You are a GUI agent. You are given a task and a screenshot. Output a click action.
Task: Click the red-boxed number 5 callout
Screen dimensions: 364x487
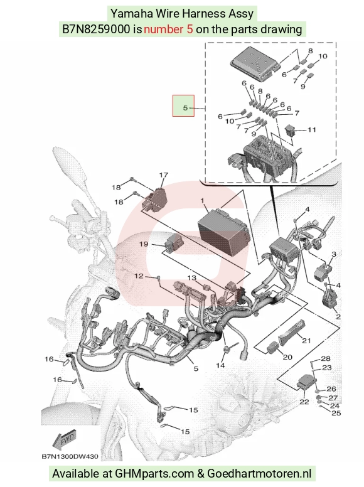(185, 108)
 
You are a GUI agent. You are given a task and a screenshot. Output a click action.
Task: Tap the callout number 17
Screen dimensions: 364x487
(164, 175)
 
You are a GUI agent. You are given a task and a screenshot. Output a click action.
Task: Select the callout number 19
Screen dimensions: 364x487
(144, 244)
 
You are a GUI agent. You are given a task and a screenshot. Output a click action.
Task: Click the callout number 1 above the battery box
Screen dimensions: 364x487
(203, 201)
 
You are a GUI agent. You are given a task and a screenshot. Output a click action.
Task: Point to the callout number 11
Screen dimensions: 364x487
(311, 130)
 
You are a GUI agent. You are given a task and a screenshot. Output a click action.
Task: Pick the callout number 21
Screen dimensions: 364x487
(306, 340)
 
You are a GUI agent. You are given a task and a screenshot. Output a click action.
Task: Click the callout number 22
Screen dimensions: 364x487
(304, 402)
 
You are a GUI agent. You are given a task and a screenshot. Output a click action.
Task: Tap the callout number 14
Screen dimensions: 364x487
(220, 365)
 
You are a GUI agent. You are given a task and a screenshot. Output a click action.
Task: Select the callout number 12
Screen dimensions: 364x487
(139, 276)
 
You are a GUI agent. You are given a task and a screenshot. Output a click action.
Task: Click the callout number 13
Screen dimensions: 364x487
(192, 277)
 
